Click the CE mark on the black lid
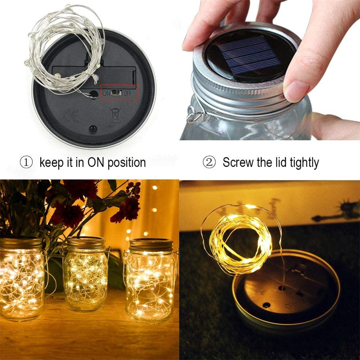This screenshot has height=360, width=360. [71, 116]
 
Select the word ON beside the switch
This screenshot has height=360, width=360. [107, 93]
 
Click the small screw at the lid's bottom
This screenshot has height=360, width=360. [93, 129]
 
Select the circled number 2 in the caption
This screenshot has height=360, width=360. [208, 162]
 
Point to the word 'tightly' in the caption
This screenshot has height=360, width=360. [300, 163]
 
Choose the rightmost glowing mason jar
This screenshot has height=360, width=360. [150, 281]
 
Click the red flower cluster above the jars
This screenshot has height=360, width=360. [126, 209]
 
